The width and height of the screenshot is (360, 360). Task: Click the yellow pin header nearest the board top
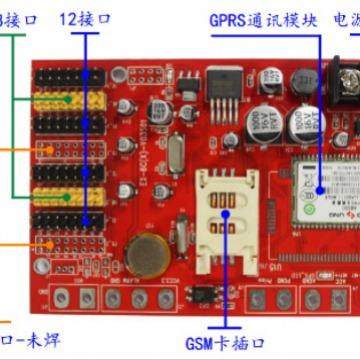(67, 100)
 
